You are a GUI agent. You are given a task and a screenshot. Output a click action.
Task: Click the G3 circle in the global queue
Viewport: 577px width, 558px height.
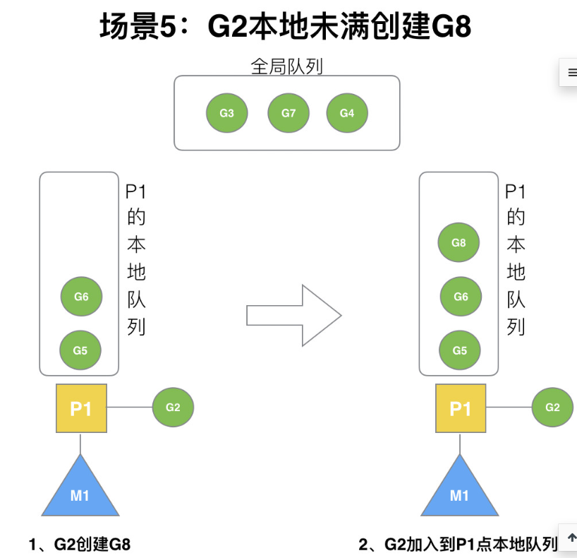coord(227,113)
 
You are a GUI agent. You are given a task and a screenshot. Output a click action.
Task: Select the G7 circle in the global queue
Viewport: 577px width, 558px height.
coord(288,113)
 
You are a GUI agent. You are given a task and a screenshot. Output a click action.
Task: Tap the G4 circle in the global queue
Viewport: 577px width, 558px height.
coord(347,113)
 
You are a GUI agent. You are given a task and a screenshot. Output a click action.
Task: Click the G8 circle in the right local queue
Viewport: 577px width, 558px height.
coord(458,243)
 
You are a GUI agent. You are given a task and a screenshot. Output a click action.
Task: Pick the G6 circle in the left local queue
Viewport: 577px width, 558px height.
coord(81,297)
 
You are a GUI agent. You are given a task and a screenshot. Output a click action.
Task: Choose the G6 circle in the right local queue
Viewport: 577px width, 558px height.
coord(461,297)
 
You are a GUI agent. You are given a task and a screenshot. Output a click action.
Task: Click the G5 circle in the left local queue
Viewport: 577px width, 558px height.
coord(80,350)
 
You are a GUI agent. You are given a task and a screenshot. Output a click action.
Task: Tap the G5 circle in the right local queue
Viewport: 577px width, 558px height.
coord(460,350)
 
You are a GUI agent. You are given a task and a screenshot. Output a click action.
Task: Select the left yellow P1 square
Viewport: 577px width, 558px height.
coord(81,409)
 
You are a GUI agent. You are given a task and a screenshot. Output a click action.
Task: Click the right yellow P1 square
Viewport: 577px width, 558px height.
coord(461,409)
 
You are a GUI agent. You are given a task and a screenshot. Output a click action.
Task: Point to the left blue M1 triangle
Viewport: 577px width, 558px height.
coord(80,491)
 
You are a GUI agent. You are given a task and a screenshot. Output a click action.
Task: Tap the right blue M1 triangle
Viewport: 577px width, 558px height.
coord(459,491)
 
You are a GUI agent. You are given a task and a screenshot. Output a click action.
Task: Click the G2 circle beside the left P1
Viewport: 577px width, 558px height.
coord(173,408)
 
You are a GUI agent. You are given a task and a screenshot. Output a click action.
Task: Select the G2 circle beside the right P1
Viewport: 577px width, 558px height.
coord(552,408)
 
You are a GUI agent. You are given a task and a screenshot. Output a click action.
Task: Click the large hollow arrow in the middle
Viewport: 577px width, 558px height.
coord(293,315)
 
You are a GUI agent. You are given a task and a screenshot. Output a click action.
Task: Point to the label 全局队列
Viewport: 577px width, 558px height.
coord(287,66)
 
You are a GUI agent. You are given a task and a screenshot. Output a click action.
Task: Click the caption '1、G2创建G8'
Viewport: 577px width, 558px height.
coord(80,545)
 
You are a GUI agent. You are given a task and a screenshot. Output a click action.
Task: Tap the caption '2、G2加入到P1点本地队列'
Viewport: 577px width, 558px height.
coord(458,545)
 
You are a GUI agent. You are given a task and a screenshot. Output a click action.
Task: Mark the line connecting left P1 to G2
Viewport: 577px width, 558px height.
coord(129,408)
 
